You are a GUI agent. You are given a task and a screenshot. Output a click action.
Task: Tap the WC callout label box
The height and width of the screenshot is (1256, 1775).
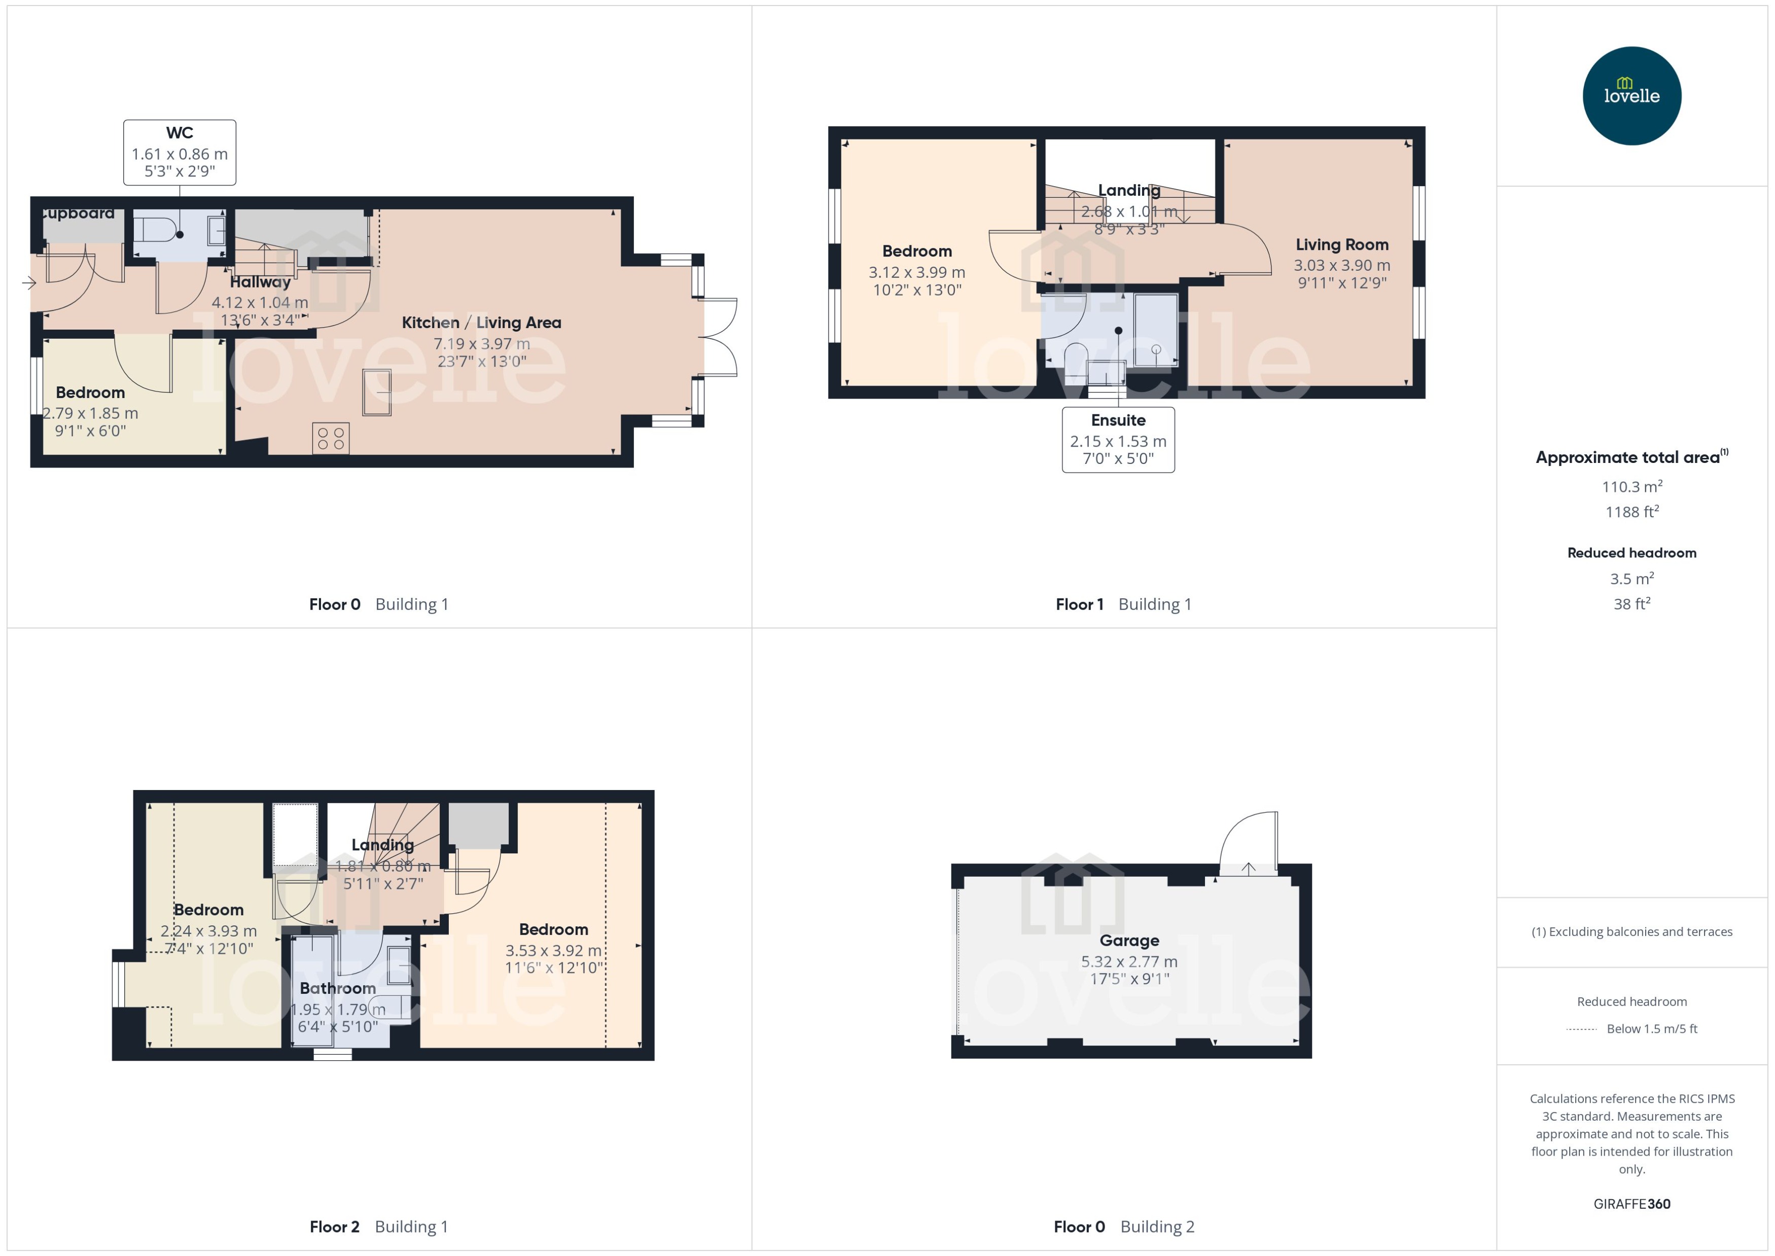[180, 152]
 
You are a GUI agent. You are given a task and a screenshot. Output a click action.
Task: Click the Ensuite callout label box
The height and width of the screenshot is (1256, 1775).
[1118, 439]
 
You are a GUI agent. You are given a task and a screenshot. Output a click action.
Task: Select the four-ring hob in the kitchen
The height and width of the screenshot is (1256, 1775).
[331, 438]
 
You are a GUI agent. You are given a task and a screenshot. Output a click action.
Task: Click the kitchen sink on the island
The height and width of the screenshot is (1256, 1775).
[377, 392]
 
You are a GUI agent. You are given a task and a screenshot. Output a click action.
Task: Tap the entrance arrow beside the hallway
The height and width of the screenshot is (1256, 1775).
[28, 283]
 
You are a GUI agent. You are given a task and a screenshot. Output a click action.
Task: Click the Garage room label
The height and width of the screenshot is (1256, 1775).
[1129, 941]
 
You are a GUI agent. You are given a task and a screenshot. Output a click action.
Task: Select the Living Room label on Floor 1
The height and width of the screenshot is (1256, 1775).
[1342, 244]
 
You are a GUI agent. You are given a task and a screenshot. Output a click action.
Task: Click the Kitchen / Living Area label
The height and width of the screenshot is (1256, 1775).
[481, 322]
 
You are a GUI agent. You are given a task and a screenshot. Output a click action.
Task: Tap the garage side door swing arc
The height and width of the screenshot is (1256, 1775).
[1247, 843]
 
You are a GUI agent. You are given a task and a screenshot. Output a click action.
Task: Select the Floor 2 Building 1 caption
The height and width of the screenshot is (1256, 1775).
[378, 1227]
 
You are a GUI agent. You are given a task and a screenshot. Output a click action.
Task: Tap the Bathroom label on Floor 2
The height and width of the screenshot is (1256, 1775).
[338, 988]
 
